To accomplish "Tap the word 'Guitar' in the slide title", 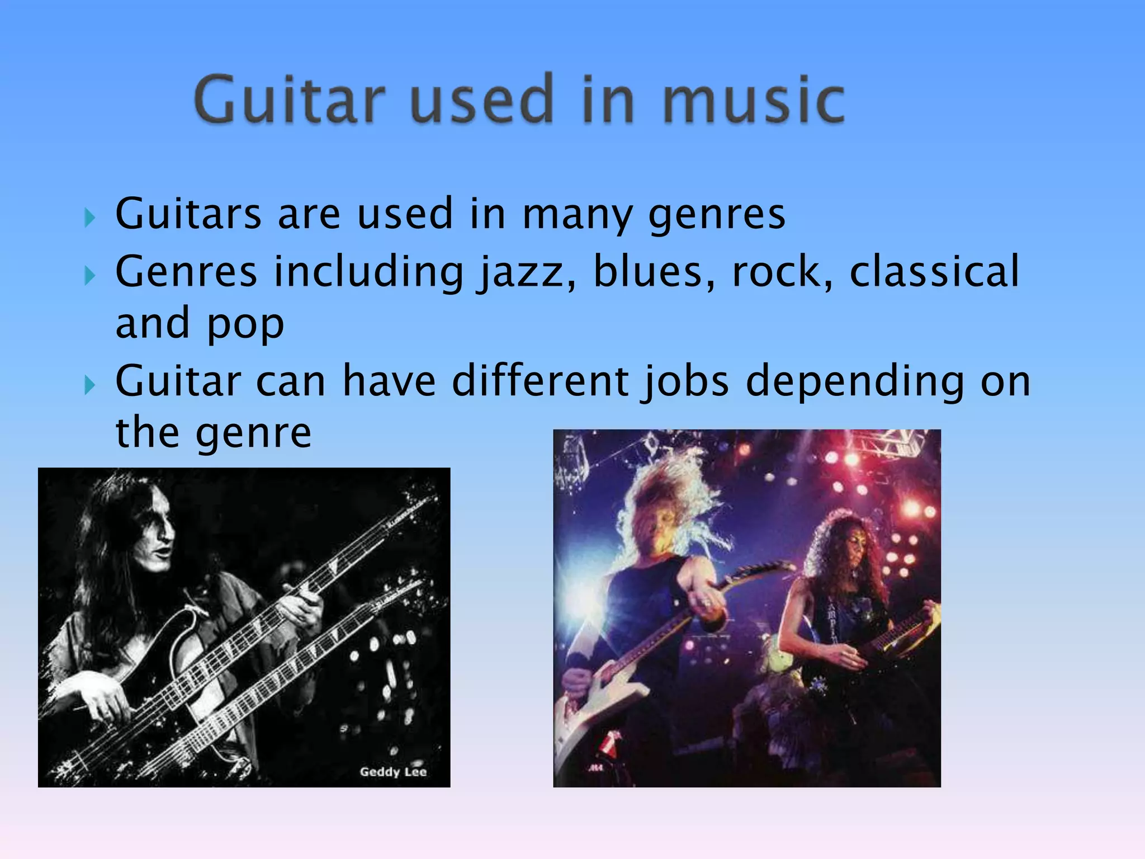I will click(290, 101).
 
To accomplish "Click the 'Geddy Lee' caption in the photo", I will click(393, 772).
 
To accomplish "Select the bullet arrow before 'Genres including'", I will click(89, 275).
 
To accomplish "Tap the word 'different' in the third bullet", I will click(540, 381).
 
